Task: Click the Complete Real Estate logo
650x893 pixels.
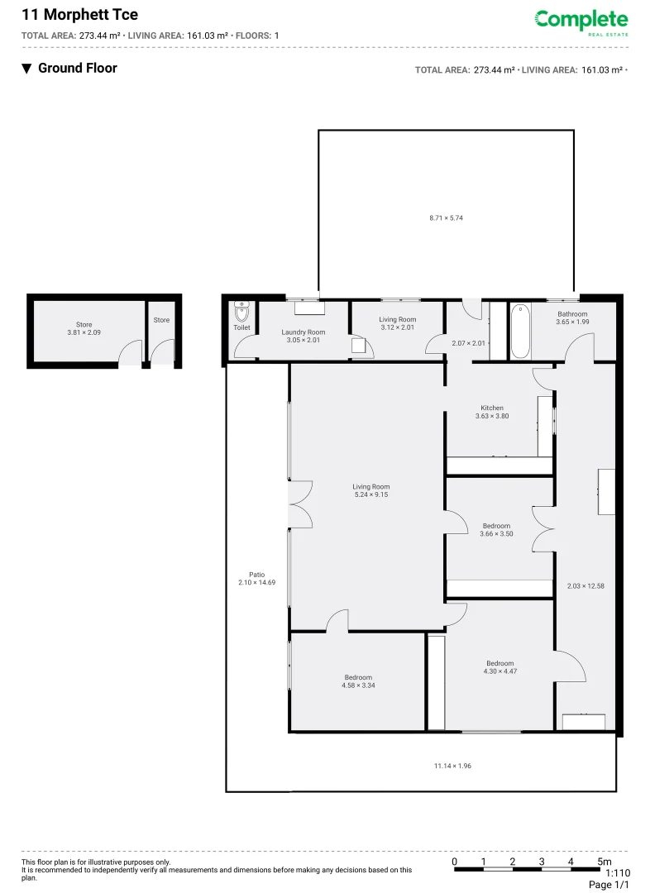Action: point(581,21)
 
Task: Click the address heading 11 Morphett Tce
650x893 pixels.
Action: point(79,14)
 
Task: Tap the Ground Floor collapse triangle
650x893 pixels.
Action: point(26,69)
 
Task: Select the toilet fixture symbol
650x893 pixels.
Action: point(241,313)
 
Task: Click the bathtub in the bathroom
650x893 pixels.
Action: point(519,332)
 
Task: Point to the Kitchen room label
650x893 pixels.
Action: point(492,412)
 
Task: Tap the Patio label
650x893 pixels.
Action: point(256,579)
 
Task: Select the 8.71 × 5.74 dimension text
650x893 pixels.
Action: point(446,217)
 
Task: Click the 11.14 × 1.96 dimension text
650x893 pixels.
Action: point(452,766)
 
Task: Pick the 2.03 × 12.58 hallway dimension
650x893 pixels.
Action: point(585,586)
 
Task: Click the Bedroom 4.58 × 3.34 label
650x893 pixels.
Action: point(358,680)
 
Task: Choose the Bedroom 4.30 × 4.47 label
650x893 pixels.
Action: point(499,667)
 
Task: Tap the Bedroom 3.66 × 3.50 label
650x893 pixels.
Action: point(496,529)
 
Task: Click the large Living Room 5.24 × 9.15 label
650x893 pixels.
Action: point(370,490)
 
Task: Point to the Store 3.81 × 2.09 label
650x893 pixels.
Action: point(84,328)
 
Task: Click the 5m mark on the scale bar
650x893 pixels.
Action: point(605,862)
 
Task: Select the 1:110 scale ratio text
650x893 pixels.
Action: point(617,873)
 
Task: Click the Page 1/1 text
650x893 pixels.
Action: point(609,885)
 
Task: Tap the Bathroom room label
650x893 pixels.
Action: point(571,318)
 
